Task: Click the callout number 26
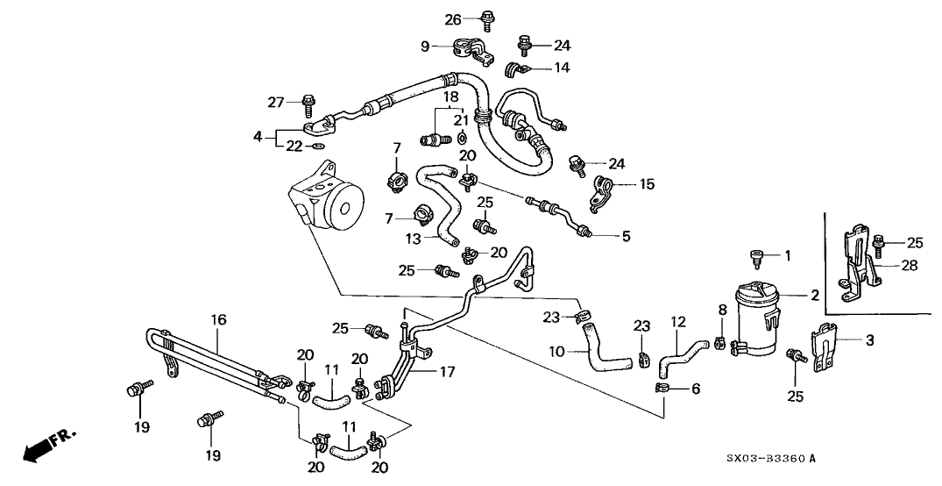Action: coord(452,19)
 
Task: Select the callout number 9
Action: coord(425,46)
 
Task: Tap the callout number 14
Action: coord(562,67)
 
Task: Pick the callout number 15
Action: coord(648,184)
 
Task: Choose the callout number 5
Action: coord(626,236)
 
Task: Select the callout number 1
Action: coord(788,256)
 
